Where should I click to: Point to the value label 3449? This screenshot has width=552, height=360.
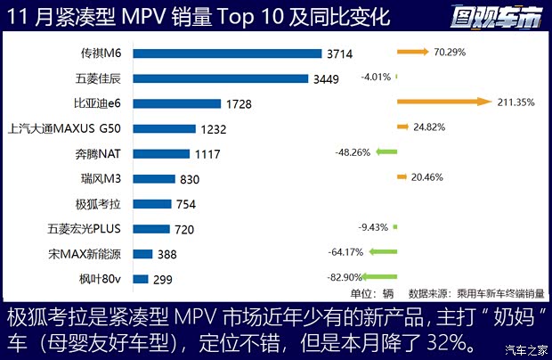335,78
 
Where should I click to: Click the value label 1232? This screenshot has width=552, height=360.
214,129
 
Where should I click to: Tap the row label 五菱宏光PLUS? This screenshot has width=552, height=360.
93,228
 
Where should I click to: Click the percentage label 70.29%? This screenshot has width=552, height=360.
451,53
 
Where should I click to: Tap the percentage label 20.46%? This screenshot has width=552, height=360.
431,177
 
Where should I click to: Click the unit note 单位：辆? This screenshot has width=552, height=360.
372,292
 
